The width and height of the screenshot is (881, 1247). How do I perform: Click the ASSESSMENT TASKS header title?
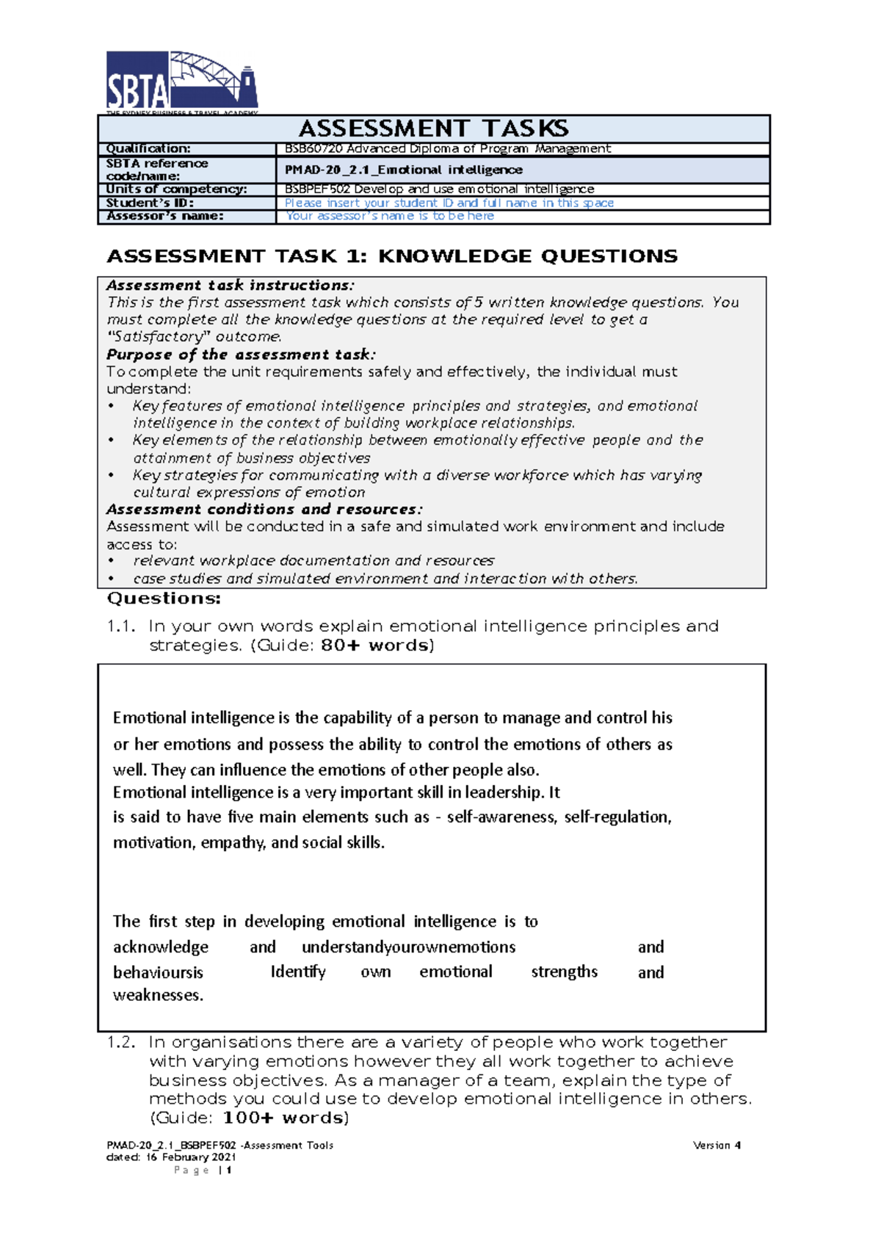tap(433, 129)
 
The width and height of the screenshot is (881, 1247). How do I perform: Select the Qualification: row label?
tap(148, 148)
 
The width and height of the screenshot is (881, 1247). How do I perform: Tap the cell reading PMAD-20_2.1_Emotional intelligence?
tap(404, 170)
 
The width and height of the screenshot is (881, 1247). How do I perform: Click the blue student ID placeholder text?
tap(449, 203)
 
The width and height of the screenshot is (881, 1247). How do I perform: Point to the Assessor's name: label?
tap(164, 216)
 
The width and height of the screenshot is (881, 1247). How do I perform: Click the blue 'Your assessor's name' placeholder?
tap(389, 216)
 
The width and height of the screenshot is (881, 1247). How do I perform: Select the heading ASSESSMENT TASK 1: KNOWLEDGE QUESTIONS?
tap(392, 256)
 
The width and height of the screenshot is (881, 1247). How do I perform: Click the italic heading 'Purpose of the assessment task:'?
tap(241, 354)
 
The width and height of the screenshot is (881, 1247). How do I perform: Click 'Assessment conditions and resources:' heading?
tap(264, 509)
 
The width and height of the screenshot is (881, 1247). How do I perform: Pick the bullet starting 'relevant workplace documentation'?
tap(313, 561)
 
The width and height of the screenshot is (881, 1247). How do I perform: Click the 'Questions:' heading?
tap(164, 599)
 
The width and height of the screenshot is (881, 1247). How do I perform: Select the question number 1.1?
tap(122, 626)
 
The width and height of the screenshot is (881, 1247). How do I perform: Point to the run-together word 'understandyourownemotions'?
tap(408, 947)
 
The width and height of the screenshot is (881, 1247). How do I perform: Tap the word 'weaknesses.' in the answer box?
tap(158, 996)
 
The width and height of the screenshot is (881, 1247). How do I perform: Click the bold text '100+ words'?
tap(283, 1118)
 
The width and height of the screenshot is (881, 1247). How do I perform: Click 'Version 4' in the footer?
tap(717, 1145)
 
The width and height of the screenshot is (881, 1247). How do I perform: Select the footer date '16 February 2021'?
tap(190, 1157)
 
